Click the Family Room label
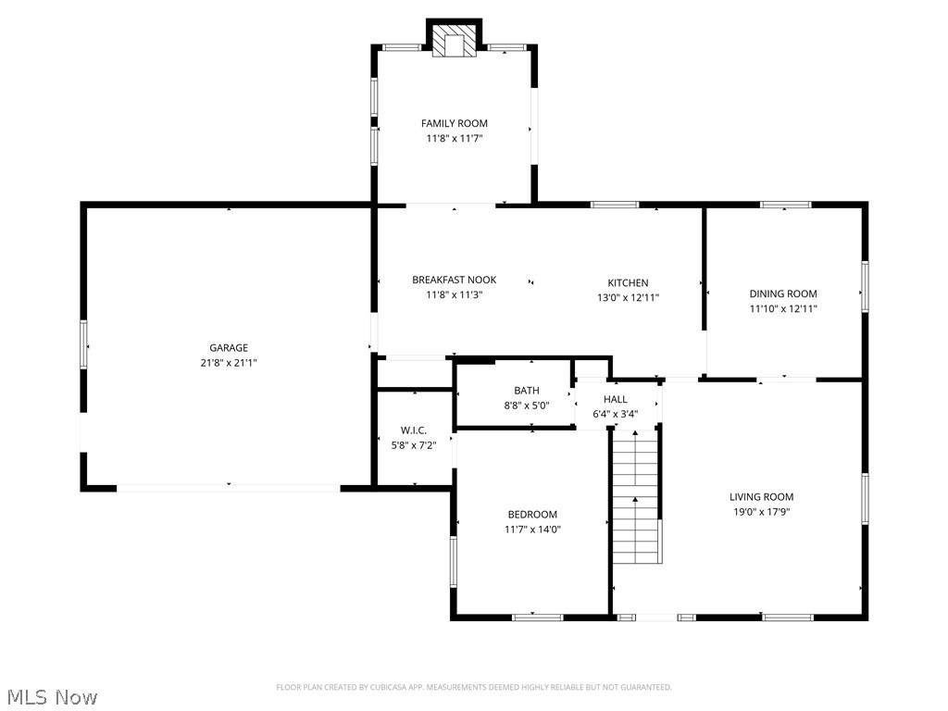(x=454, y=123)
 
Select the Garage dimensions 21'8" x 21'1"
(x=228, y=363)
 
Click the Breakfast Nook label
(x=454, y=280)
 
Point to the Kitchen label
(x=628, y=282)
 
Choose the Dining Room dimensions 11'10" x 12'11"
(x=783, y=308)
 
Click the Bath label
(x=526, y=391)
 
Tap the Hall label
(x=615, y=399)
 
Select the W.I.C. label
(x=413, y=430)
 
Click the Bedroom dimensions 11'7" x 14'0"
(x=532, y=530)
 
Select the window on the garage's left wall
(x=83, y=343)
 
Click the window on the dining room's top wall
(x=785, y=205)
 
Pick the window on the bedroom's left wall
(x=453, y=562)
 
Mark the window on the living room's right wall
(x=865, y=500)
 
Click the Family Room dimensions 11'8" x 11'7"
(x=454, y=138)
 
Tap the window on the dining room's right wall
(x=865, y=285)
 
